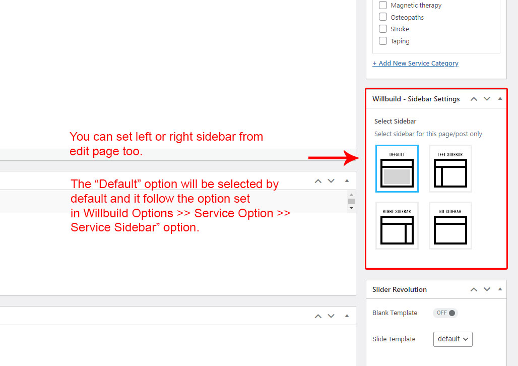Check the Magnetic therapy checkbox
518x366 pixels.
[x=383, y=5]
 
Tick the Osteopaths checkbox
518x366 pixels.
[x=383, y=17]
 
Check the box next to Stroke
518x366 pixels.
[x=383, y=29]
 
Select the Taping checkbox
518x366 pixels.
[x=383, y=41]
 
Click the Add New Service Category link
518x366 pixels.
[x=415, y=63]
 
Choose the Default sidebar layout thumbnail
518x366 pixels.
[x=397, y=168]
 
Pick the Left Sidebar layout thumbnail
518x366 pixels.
[x=450, y=168]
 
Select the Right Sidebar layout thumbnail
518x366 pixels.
[x=397, y=225]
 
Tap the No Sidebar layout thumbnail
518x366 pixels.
[x=450, y=225]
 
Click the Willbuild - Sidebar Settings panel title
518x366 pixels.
[x=416, y=99]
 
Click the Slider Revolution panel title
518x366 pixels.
[x=400, y=290]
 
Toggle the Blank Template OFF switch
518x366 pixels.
[x=445, y=313]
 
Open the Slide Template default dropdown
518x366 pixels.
[x=452, y=339]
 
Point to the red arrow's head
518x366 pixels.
[x=359, y=158]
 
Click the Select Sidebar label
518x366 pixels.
[x=395, y=121]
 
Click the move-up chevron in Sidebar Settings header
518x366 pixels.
[x=474, y=99]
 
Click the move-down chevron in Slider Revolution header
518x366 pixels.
[x=487, y=289]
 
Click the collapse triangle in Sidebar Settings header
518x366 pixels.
[x=500, y=98]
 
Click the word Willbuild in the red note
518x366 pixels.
[x=106, y=213]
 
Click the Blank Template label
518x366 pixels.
[x=395, y=313]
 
